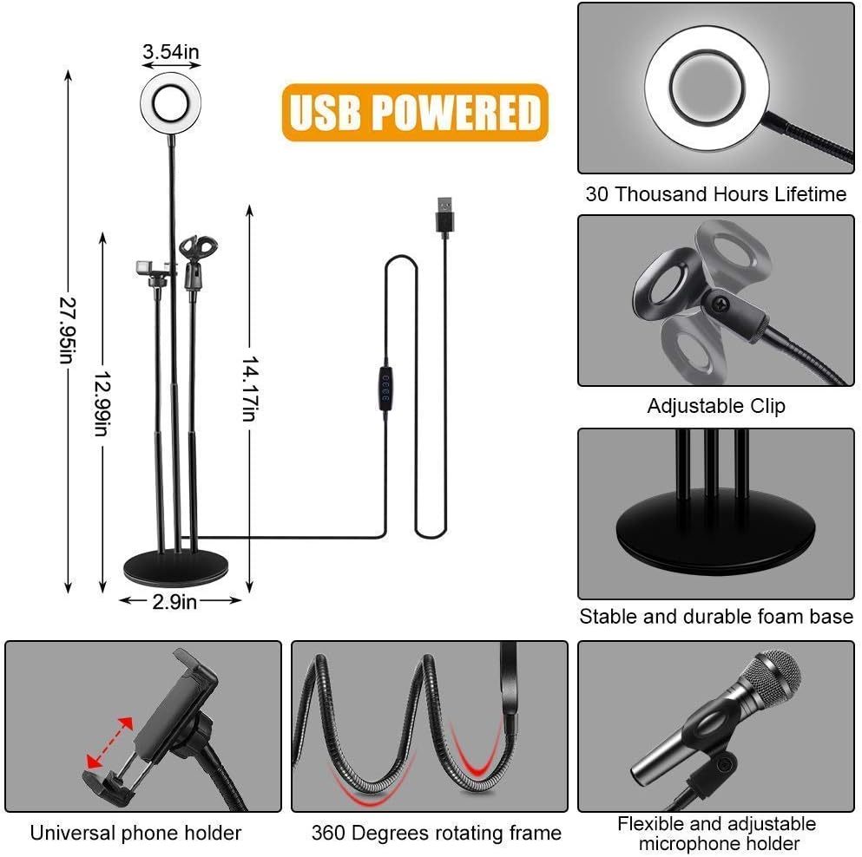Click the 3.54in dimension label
point(171,52)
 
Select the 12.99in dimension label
point(102,404)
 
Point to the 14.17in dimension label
point(250,389)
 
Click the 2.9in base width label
point(174,602)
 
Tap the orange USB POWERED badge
point(415,113)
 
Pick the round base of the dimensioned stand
point(176,569)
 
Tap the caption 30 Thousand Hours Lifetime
point(716,194)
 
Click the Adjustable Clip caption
point(716,406)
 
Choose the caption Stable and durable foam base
point(716,617)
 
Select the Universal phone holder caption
point(135,833)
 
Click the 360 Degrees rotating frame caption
point(437,833)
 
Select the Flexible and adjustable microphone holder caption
point(717,834)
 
